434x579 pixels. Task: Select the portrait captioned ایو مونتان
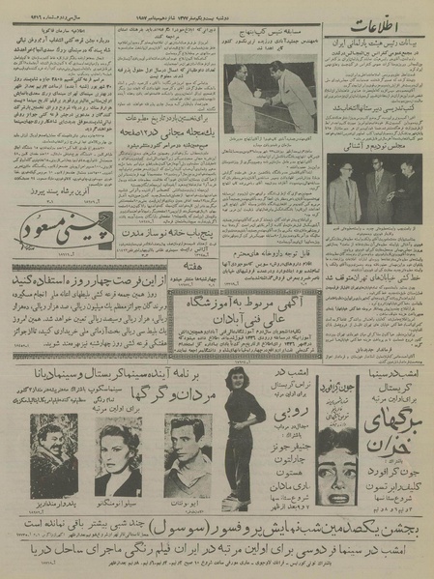pyautogui.click(x=188, y=453)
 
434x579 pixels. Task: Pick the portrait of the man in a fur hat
pyautogui.click(x=54, y=453)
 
